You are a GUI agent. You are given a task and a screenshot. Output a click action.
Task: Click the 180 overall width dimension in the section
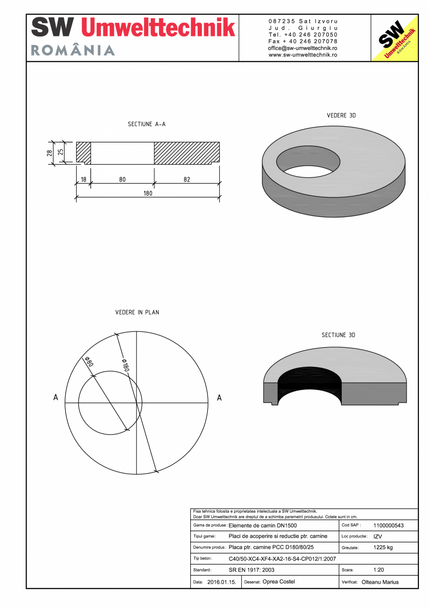point(148,193)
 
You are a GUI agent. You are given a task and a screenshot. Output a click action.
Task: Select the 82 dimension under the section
point(187,179)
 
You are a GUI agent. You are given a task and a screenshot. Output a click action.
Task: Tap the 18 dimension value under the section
point(84,179)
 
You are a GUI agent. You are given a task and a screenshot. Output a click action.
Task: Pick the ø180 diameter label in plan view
point(124,365)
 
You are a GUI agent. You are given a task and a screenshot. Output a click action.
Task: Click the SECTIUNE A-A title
point(147,124)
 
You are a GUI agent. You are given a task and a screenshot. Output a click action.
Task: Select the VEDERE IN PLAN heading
point(137,312)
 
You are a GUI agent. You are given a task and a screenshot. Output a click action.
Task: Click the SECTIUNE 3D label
point(338,335)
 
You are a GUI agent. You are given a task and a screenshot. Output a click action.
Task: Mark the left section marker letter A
point(56,398)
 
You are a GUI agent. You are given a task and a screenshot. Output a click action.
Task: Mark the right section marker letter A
point(219,398)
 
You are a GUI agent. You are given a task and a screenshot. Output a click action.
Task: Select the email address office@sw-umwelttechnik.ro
point(303,48)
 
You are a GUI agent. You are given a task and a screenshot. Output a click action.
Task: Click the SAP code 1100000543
point(388,526)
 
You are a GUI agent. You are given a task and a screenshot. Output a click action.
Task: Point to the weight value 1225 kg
point(383,547)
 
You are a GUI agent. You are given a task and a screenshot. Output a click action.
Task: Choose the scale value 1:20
point(379,570)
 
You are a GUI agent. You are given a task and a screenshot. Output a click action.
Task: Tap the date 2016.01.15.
point(222,582)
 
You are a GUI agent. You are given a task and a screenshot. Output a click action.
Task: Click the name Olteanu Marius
point(380,582)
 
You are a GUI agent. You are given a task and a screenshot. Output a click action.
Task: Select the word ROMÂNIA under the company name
point(73,50)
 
